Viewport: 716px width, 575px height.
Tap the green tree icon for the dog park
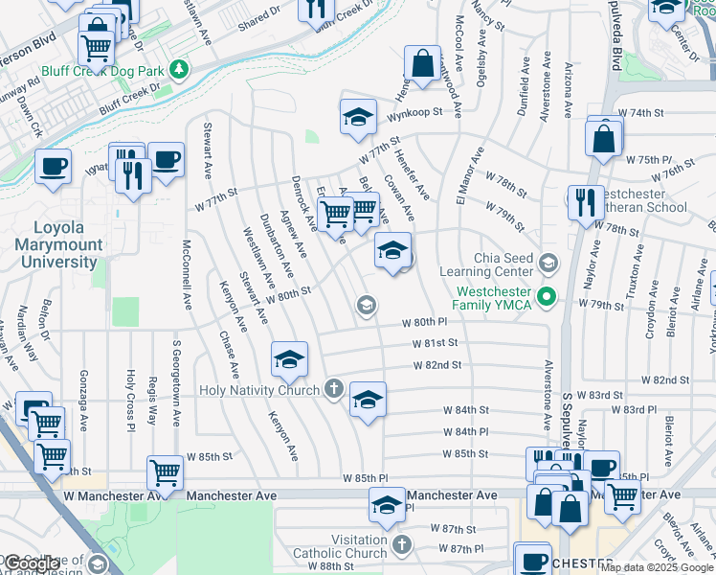177,70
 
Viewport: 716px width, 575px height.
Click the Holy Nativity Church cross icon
333,388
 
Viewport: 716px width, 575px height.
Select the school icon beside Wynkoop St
358,118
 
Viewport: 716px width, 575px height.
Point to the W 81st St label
436,343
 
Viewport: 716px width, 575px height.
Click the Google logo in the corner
33,563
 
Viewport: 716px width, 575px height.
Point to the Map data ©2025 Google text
657,567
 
